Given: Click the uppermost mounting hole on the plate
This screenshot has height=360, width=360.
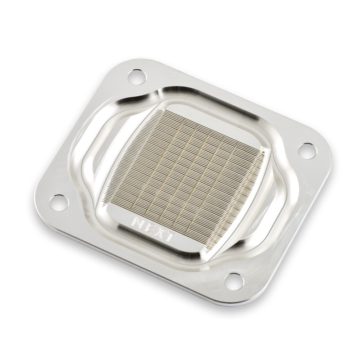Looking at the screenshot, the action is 137,76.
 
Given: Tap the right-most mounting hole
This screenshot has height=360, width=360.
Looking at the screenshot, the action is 308,151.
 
